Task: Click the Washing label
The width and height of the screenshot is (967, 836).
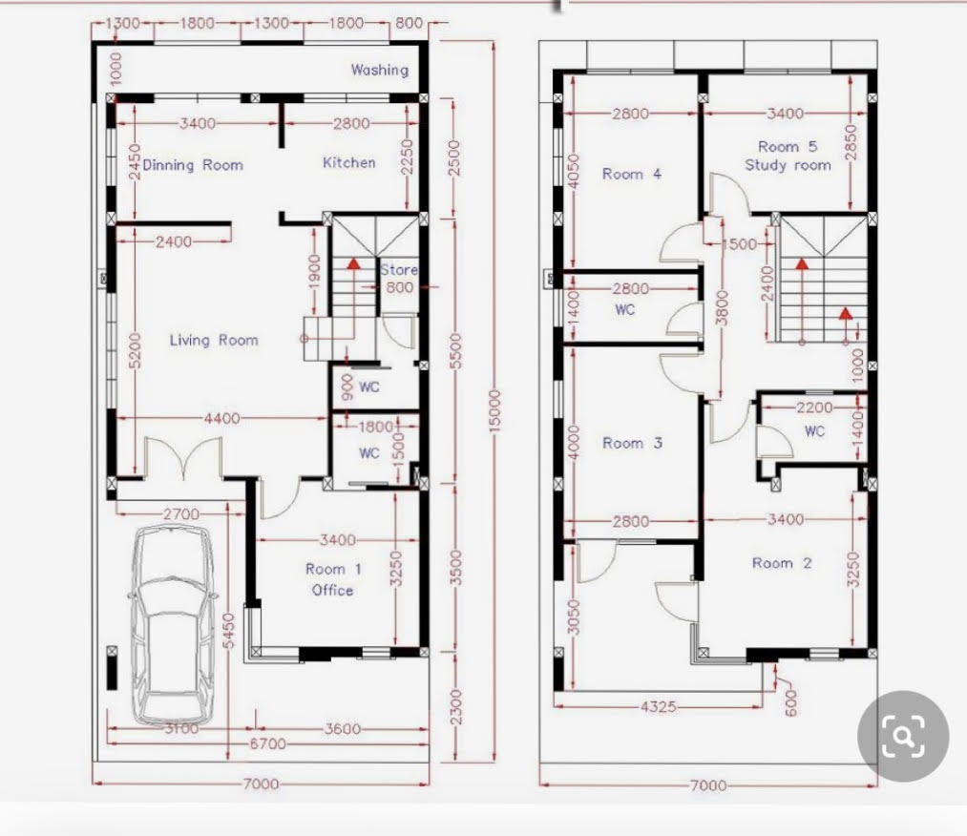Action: [x=380, y=71]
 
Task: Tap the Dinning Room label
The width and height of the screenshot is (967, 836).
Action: [x=193, y=165]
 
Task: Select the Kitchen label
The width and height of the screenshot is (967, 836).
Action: [x=349, y=163]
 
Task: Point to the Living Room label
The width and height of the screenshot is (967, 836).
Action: [x=214, y=341]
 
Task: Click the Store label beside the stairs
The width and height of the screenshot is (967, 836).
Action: [x=399, y=270]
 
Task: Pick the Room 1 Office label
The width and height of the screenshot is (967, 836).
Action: [x=333, y=579]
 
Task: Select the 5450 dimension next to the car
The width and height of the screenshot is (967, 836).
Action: [x=229, y=631]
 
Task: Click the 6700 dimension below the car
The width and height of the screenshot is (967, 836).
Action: [x=267, y=744]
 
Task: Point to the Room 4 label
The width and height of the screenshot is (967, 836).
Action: [x=632, y=175]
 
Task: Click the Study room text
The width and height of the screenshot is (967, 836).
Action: [x=788, y=165]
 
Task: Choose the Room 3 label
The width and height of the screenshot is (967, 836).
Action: [x=632, y=443]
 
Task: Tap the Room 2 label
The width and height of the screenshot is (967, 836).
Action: [x=782, y=563]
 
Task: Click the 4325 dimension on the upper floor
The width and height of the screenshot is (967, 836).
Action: [x=658, y=706]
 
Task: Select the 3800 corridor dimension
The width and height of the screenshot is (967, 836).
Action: [x=722, y=307]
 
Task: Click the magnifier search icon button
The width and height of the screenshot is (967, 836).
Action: [x=903, y=736]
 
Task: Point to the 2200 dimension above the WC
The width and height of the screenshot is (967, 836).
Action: [x=814, y=408]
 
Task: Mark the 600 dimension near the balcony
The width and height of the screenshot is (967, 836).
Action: [x=790, y=702]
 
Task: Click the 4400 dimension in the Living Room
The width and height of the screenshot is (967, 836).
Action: [x=222, y=419]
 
